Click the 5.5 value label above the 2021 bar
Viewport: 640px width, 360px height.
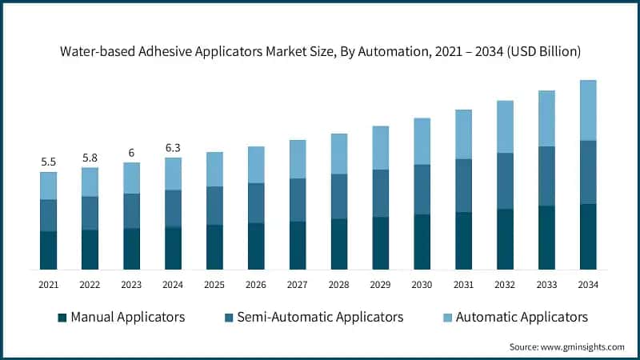[x=49, y=162]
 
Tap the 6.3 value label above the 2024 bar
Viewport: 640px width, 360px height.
[x=173, y=147]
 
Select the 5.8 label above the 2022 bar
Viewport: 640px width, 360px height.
[x=90, y=158]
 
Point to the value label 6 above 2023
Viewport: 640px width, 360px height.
[x=131, y=153]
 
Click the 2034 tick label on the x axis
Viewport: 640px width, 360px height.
[x=589, y=284]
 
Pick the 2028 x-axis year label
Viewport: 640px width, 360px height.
[x=339, y=284]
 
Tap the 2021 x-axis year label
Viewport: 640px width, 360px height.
[x=49, y=284]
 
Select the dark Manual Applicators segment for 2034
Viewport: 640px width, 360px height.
[x=589, y=237]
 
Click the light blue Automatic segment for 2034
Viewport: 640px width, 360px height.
[x=589, y=110]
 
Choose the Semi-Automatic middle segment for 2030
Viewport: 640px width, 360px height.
[x=422, y=190]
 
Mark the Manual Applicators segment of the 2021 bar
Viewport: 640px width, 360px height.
[x=49, y=250]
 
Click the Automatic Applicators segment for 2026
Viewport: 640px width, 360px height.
[x=256, y=165]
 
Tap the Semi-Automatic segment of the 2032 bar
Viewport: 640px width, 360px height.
[x=506, y=181]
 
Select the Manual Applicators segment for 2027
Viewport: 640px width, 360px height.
[x=298, y=245]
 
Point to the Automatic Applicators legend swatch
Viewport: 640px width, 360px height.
[x=447, y=318]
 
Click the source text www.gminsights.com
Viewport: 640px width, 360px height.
[x=583, y=346]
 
